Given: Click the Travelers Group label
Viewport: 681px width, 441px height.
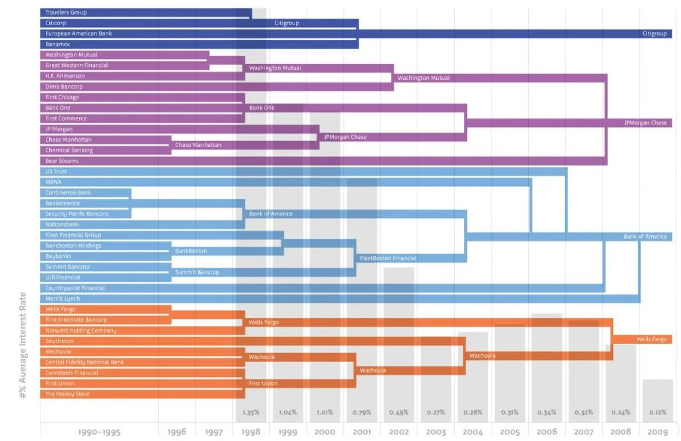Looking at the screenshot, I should point(66,13).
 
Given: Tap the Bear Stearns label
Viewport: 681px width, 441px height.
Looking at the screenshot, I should point(62,161).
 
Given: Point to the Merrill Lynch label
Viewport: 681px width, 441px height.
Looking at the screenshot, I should point(63,299).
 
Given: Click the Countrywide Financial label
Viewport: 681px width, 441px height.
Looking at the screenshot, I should point(75,288).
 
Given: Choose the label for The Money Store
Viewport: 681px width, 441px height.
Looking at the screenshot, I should point(67,394).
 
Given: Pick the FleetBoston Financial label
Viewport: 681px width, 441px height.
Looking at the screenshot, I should point(388,258).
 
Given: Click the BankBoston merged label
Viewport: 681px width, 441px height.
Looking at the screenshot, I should point(191,251).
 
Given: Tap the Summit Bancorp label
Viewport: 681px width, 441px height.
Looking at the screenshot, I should point(197,272).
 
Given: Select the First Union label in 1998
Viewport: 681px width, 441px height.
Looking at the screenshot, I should point(263,383).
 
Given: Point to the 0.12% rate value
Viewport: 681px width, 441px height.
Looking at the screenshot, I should point(658,412).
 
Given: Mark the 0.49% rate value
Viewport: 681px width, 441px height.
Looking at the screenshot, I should point(399,412).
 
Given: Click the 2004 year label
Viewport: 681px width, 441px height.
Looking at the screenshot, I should point(474,432).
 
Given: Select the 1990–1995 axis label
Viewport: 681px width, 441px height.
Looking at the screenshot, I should point(99,432).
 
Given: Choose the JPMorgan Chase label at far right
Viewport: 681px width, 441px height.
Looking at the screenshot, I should point(645,123).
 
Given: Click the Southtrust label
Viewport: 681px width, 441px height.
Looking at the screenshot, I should point(59,341).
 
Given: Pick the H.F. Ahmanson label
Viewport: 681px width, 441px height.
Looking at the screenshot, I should point(65,76).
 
